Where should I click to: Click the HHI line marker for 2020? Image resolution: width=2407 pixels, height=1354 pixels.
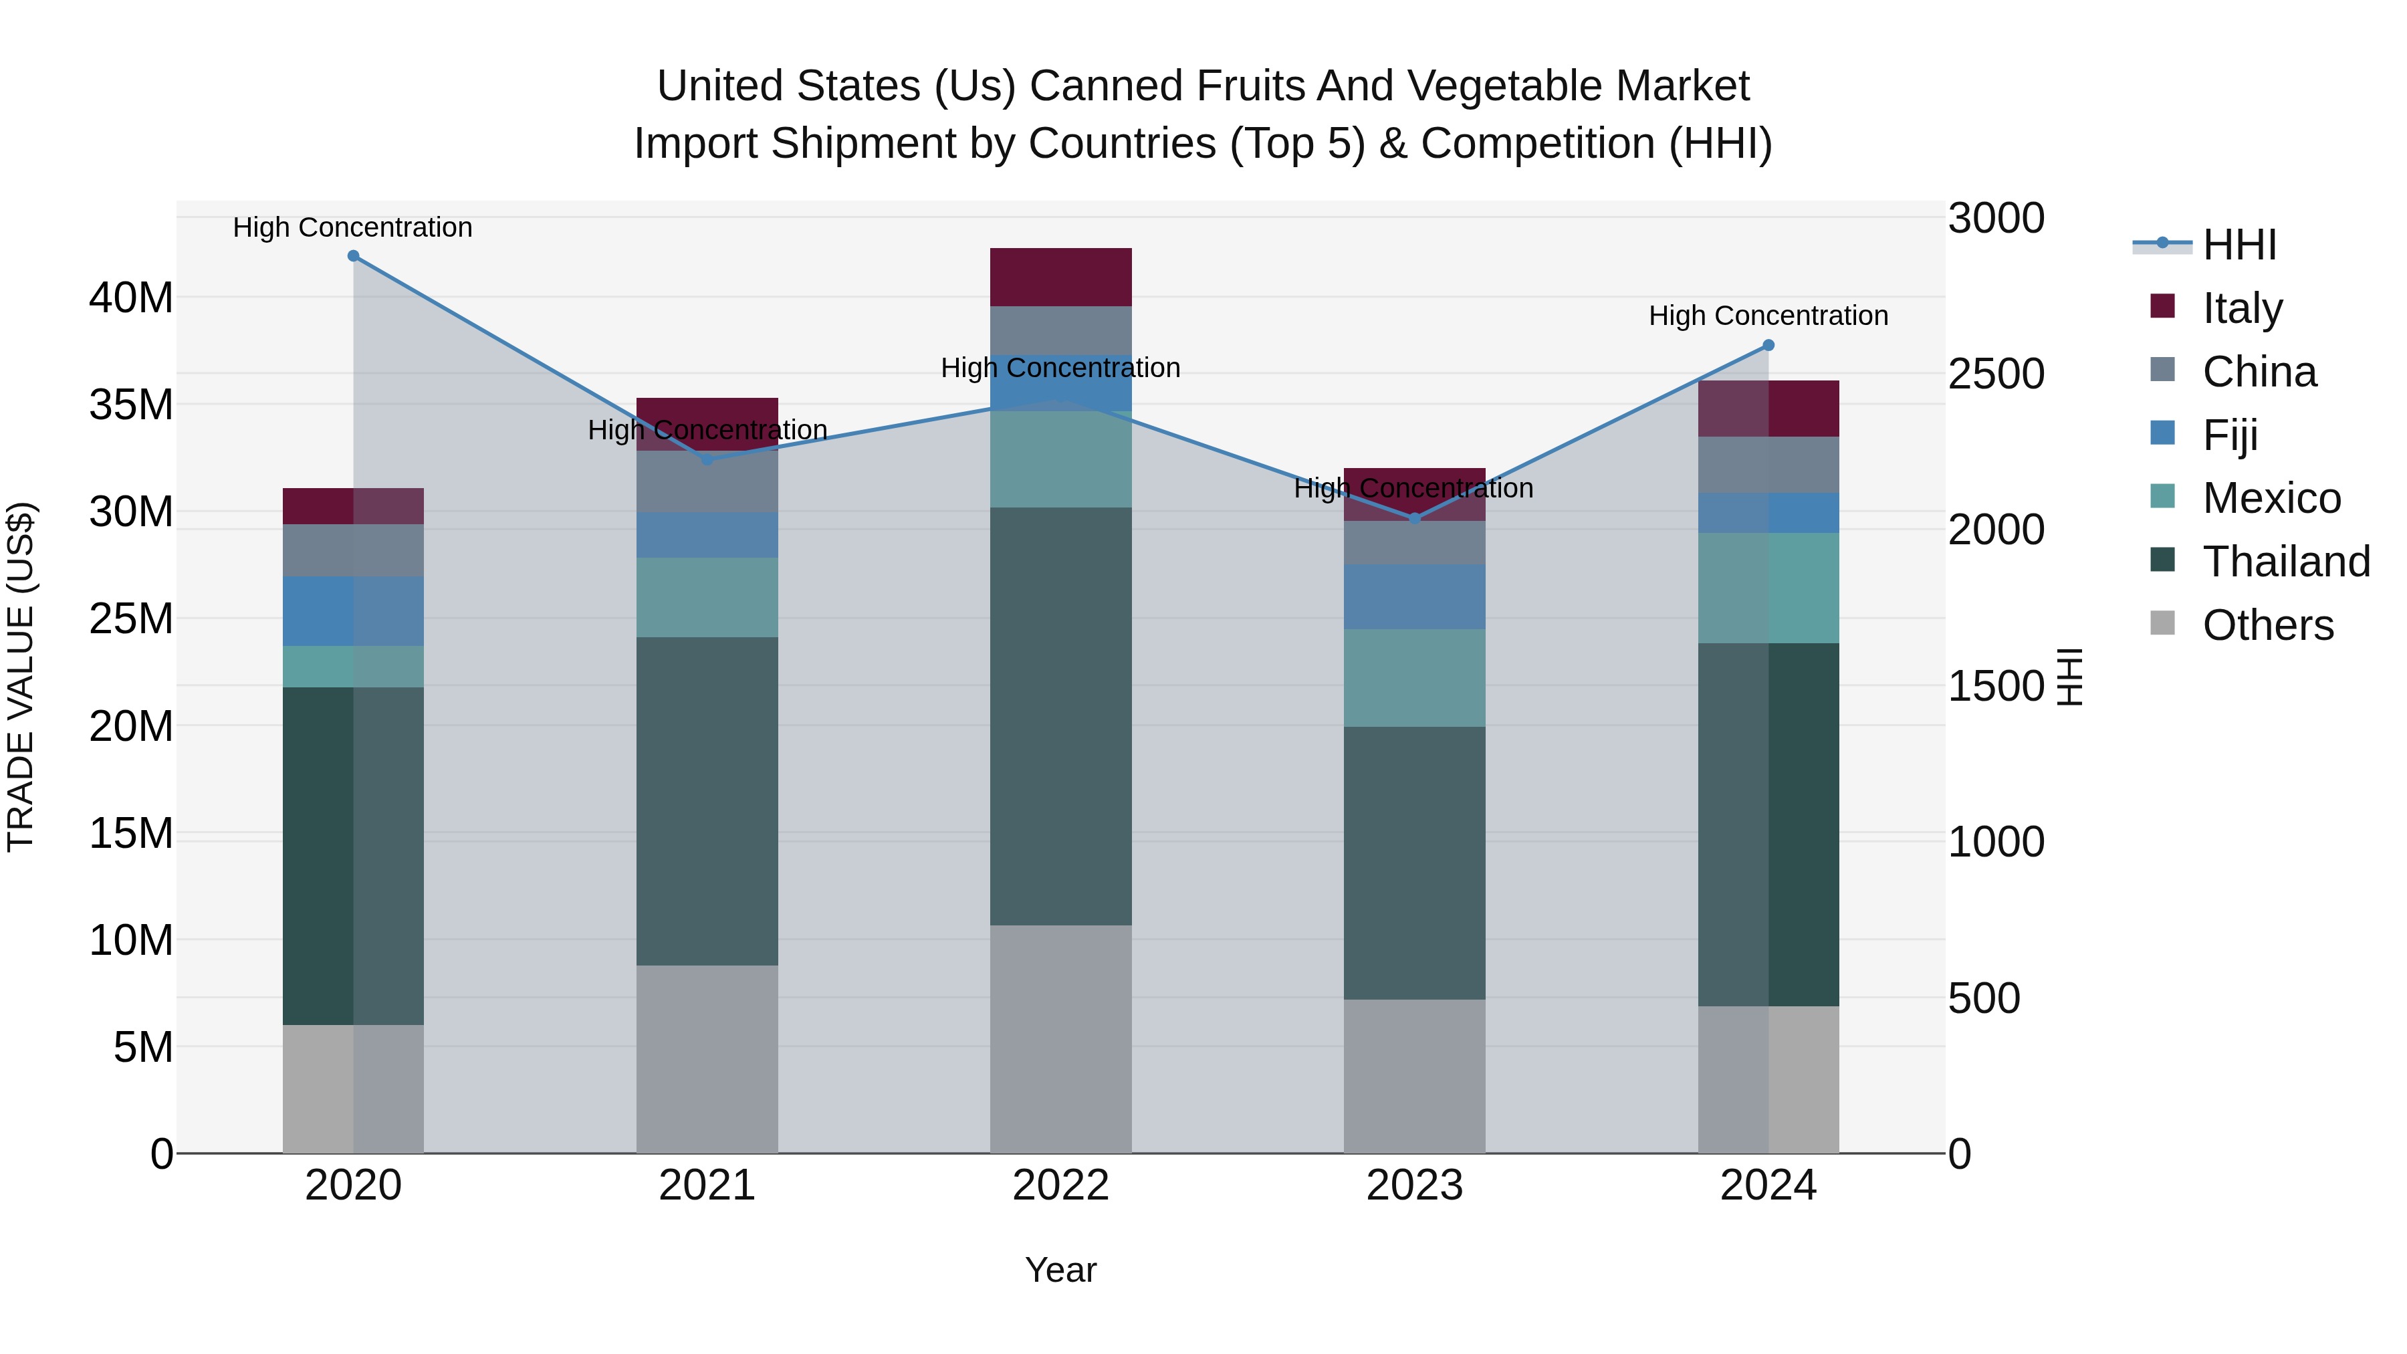pyautogui.click(x=353, y=256)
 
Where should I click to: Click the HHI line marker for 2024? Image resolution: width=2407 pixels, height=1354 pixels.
pyautogui.click(x=1768, y=346)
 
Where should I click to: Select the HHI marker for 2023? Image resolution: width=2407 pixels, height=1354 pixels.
pyautogui.click(x=1415, y=519)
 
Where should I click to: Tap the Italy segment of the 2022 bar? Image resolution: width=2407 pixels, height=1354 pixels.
pyautogui.click(x=1060, y=277)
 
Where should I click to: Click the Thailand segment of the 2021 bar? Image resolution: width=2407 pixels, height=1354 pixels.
pyautogui.click(x=707, y=801)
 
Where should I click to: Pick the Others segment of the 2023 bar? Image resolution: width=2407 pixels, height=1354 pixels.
pyautogui.click(x=1415, y=1076)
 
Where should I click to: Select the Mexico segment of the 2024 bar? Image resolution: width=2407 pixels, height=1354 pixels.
pyautogui.click(x=1768, y=588)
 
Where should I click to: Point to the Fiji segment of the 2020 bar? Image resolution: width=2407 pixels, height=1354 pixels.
pyautogui.click(x=353, y=611)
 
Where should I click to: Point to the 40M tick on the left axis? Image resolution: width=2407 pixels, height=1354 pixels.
pyautogui.click(x=131, y=298)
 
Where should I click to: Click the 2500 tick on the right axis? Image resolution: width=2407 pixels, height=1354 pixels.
pyautogui.click(x=1996, y=374)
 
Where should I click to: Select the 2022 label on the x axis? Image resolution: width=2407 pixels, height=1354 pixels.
pyautogui.click(x=1060, y=1186)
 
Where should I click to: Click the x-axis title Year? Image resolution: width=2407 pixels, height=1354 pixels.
pyautogui.click(x=1060, y=1270)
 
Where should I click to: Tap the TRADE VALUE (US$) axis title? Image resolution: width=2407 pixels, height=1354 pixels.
pyautogui.click(x=21, y=677)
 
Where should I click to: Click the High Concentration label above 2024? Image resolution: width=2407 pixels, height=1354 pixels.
pyautogui.click(x=1768, y=316)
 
